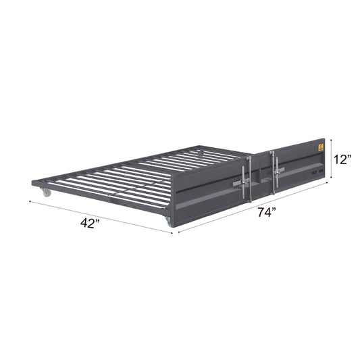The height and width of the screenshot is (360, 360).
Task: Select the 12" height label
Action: coord(342,160)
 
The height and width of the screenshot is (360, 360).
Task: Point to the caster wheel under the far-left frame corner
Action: coord(46,194)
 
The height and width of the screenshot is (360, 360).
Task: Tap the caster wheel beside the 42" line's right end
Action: coord(167,221)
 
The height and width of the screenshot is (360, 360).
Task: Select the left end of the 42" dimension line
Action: coord(30,201)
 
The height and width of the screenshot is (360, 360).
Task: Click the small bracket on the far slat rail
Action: coord(199,153)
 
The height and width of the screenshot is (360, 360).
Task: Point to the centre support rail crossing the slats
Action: coord(135,177)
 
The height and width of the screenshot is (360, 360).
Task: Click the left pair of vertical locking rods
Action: coord(250,177)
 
